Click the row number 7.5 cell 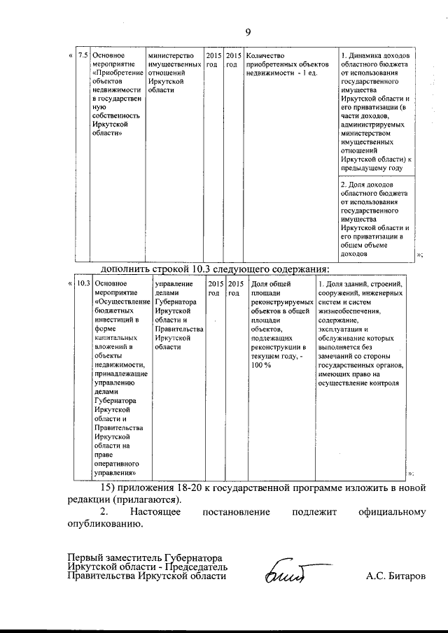[83, 55]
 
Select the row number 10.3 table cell [83, 283]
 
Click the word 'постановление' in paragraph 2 [235, 512]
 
